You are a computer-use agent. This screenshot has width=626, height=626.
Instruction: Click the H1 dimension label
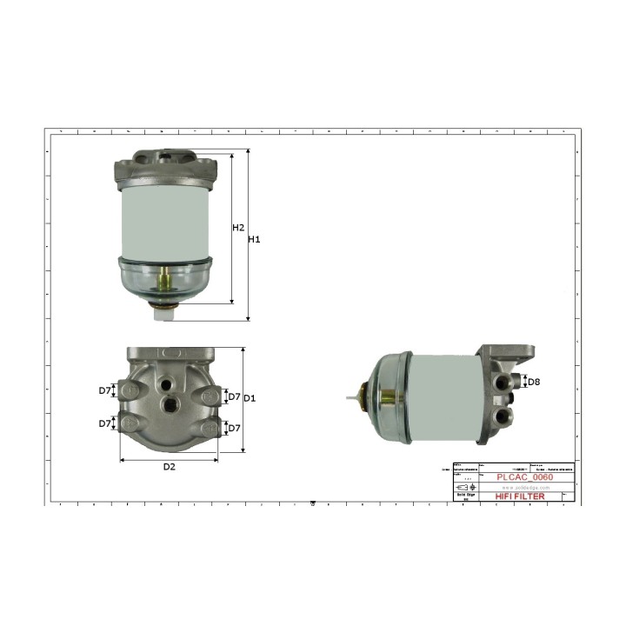coord(255,238)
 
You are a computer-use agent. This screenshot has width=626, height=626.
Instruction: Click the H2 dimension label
coord(238,227)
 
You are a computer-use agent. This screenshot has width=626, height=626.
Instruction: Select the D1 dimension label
coord(249,398)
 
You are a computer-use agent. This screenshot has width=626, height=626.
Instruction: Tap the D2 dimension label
coord(170,467)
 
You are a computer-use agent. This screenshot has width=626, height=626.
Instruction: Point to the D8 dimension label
coord(535,382)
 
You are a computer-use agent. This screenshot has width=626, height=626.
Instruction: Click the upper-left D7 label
coord(105,390)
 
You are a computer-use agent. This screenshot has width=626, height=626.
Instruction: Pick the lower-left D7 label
coord(105,423)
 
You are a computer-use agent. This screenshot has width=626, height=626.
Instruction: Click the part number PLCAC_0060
coord(523,476)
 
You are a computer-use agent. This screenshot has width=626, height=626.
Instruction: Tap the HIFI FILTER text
coord(520,496)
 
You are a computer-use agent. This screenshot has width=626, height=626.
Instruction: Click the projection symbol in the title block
coord(466,488)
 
